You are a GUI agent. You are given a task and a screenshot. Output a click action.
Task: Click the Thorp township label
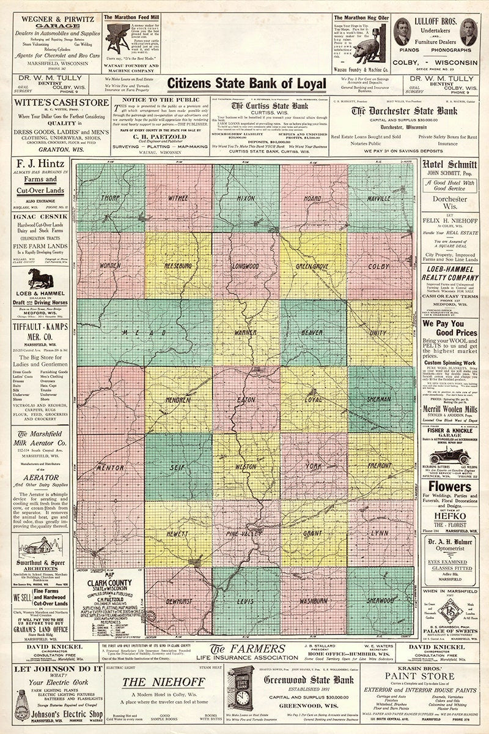pyautogui.click(x=111, y=198)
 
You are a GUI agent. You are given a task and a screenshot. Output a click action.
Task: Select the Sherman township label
pyautogui.click(x=380, y=399)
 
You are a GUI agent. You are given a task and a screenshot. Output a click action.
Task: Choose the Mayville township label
pyautogui.click(x=379, y=199)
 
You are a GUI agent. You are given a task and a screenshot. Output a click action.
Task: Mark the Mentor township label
pyautogui.click(x=111, y=467)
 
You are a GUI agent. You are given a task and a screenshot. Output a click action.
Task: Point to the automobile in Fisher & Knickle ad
pyautogui.click(x=449, y=455)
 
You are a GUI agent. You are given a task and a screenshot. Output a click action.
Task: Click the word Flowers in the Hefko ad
pyautogui.click(x=449, y=487)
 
